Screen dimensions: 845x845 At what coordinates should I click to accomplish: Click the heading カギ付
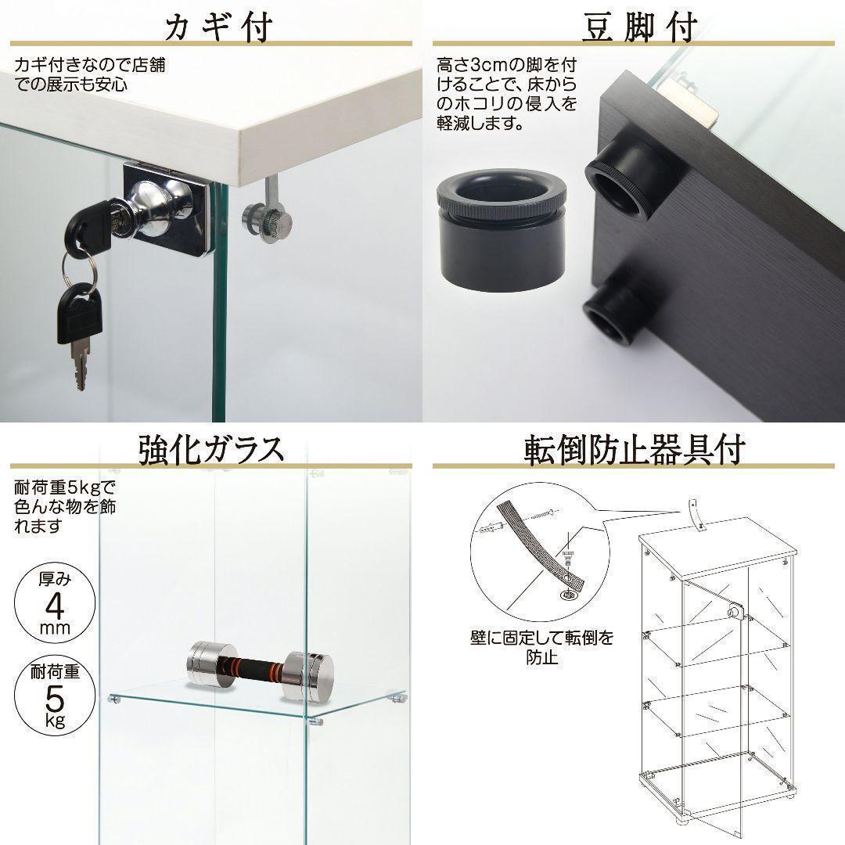point(218,27)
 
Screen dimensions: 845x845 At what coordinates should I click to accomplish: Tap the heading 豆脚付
point(640,26)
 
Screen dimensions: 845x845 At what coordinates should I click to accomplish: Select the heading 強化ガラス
point(211,449)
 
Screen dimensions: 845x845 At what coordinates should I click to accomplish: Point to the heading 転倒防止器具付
point(635,449)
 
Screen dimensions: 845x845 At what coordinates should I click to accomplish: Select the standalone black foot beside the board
point(501,230)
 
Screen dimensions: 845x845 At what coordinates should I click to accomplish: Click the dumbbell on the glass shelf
point(261,671)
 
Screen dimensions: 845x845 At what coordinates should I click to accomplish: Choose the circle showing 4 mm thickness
point(55,602)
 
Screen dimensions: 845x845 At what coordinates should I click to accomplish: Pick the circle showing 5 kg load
point(55,696)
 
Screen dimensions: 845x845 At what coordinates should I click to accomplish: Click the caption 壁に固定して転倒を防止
point(541,647)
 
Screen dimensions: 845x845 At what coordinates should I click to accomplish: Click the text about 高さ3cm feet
point(506,94)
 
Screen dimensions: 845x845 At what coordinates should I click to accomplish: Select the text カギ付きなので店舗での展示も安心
point(89,74)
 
